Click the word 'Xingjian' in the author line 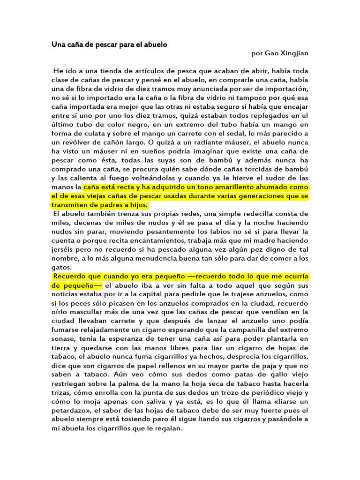(x=294, y=53)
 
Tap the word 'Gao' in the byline (x=272, y=53)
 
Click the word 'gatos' (x=61, y=268)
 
